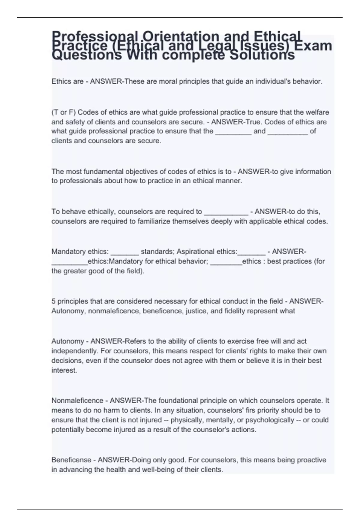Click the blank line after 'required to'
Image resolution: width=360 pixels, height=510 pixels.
click(226, 212)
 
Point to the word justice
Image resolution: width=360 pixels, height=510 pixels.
click(196, 311)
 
